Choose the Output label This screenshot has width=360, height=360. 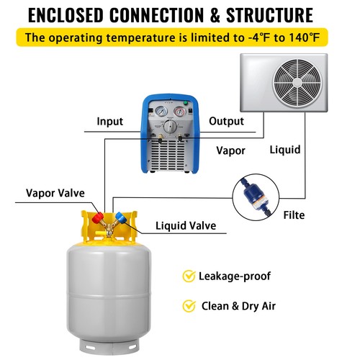point(226,121)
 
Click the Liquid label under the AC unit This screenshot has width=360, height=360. point(285,150)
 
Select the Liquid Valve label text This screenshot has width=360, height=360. point(186,225)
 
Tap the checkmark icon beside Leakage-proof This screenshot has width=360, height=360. point(189,276)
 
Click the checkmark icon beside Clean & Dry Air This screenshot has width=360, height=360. point(189,306)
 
